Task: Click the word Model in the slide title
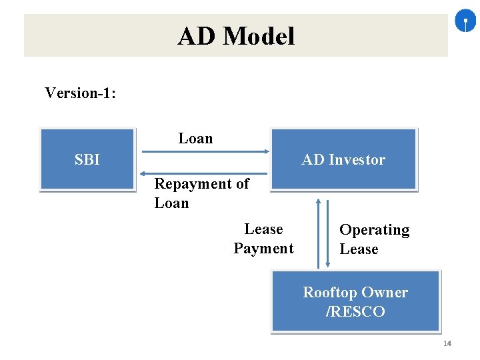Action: pos(259,36)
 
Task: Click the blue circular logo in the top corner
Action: pos(465,22)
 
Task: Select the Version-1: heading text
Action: pos(80,93)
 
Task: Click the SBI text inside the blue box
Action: pos(87,160)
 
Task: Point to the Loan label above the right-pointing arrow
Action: pos(195,139)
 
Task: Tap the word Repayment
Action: pos(194,184)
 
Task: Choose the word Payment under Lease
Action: pos(263,249)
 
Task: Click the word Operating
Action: pos(374,230)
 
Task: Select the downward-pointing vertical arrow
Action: pos(327,233)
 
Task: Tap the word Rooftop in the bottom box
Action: pos(329,293)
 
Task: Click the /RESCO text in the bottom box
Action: pos(355,311)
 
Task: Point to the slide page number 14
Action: pos(447,343)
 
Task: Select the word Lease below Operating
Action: pos(359,249)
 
